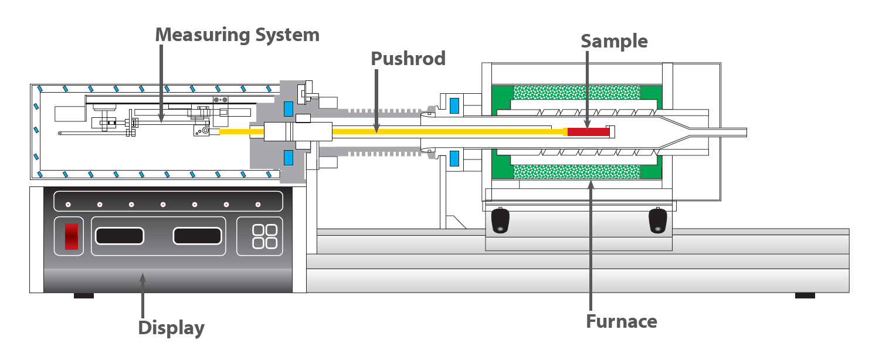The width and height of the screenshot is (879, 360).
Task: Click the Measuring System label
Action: point(237,35)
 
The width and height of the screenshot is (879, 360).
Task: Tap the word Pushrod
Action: point(408,59)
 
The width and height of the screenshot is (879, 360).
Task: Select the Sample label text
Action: point(614,42)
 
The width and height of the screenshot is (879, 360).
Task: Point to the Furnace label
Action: point(622,321)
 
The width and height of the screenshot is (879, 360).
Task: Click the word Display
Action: point(171,328)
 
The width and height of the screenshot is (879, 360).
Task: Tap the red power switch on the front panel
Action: point(72,236)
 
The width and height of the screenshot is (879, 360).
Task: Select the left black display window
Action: point(120,236)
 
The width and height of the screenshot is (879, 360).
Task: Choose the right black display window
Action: point(197,236)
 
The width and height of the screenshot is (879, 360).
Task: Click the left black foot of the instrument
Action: point(84,296)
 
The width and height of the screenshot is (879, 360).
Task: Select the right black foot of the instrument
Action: point(805,296)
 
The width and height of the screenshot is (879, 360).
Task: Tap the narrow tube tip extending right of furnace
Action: point(727,133)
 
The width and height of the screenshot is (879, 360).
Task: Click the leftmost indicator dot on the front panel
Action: point(68,204)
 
